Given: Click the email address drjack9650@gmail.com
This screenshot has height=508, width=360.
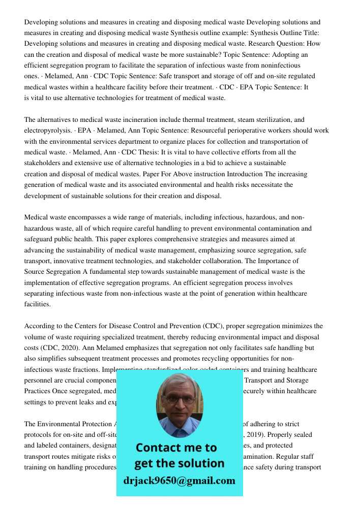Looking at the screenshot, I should click(x=179, y=481).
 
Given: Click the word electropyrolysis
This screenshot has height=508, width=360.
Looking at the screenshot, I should click(x=47, y=131).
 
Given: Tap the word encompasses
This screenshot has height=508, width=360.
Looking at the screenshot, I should click(x=89, y=218).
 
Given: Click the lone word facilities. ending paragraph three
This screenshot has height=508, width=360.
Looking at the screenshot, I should click(x=38, y=305).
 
